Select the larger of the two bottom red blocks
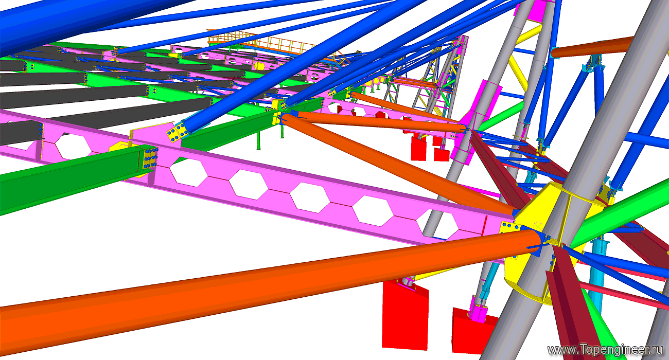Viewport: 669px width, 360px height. [x=405, y=315]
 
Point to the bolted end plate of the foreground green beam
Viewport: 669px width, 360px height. [x=149, y=158]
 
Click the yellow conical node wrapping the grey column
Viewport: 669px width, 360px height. [x=555, y=239]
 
